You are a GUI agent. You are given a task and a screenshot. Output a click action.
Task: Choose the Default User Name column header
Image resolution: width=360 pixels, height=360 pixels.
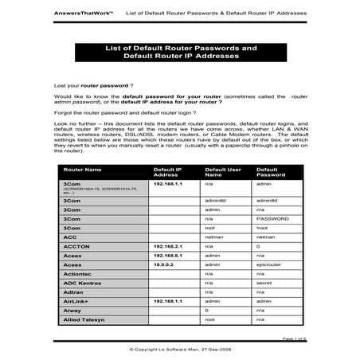[223, 172]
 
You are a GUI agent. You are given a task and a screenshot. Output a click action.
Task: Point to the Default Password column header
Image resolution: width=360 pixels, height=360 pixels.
[271, 172]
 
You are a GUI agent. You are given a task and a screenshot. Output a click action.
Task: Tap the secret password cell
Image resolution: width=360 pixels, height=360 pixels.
[264, 282]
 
